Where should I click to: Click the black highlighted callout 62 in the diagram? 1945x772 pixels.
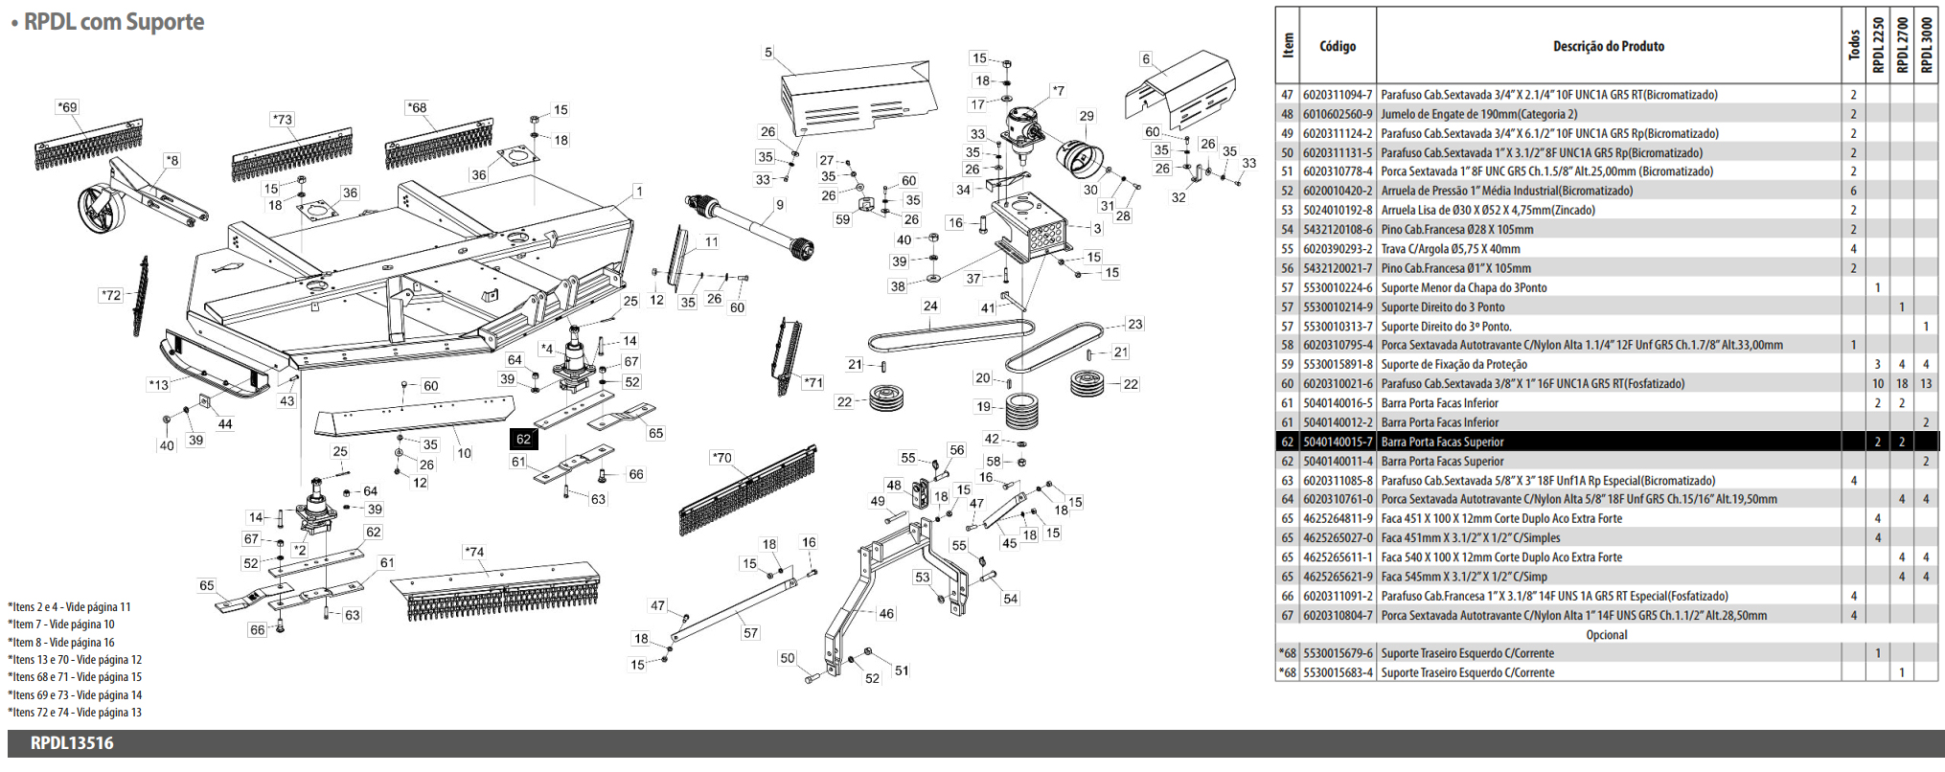(x=523, y=439)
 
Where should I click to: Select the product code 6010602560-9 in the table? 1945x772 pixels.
(x=1338, y=114)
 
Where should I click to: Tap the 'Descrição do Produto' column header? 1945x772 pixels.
(x=1608, y=46)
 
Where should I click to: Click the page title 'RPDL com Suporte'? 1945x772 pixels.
(x=113, y=22)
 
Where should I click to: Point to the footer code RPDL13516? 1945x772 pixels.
(x=72, y=743)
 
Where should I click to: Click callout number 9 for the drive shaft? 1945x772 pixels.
(x=780, y=204)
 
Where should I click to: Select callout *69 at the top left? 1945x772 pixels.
(x=67, y=107)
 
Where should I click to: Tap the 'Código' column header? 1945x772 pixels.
(x=1338, y=46)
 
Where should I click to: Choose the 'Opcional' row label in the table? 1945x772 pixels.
(x=1606, y=634)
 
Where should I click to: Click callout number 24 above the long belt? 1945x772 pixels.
(x=930, y=307)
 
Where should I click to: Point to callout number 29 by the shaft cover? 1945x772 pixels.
(x=1086, y=116)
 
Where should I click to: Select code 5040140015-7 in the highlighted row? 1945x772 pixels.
(x=1338, y=442)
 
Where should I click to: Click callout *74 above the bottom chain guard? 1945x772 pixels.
(x=473, y=552)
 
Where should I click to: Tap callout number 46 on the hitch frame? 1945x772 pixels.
(x=886, y=613)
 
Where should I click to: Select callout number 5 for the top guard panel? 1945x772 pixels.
(x=767, y=53)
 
